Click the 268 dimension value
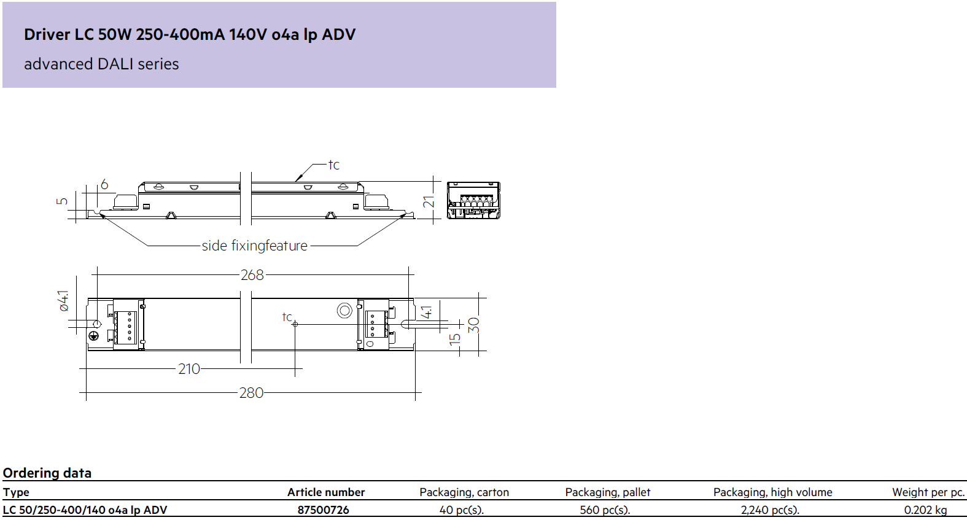[252, 275]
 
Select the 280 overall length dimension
[251, 393]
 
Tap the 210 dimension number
[189, 369]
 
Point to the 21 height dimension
[429, 201]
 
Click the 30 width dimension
[473, 325]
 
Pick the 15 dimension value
[454, 340]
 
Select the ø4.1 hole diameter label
[63, 301]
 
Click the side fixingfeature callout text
[255, 246]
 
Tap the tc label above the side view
[334, 165]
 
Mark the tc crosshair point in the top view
[295, 324]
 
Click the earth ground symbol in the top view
[94, 336]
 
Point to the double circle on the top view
[344, 310]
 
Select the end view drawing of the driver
[473, 200]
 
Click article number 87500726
[323, 510]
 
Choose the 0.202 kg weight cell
[926, 510]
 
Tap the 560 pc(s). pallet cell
[605, 510]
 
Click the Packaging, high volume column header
[773, 492]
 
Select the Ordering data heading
[47, 473]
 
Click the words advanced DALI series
[101, 64]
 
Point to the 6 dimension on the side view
[104, 184]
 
